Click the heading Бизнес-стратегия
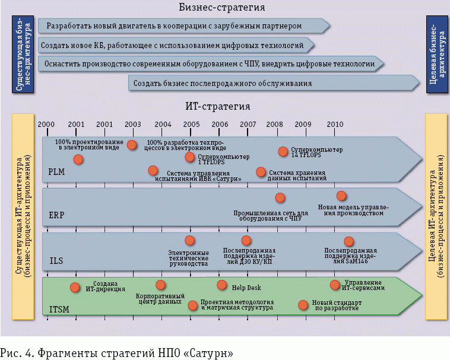click(221, 8)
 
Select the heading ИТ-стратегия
click(217, 107)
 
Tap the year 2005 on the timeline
click(191, 124)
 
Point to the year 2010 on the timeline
click(335, 124)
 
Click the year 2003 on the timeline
click(133, 124)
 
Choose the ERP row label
click(57, 215)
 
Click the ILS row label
click(56, 260)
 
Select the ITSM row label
click(59, 308)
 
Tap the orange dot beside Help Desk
click(222, 285)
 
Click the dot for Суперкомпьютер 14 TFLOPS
click(283, 151)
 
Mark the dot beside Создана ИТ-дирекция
click(75, 288)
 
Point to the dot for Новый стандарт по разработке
click(303, 304)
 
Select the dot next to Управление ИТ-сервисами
click(335, 285)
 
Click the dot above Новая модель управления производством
click(341, 196)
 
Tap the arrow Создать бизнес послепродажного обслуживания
click(273, 83)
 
